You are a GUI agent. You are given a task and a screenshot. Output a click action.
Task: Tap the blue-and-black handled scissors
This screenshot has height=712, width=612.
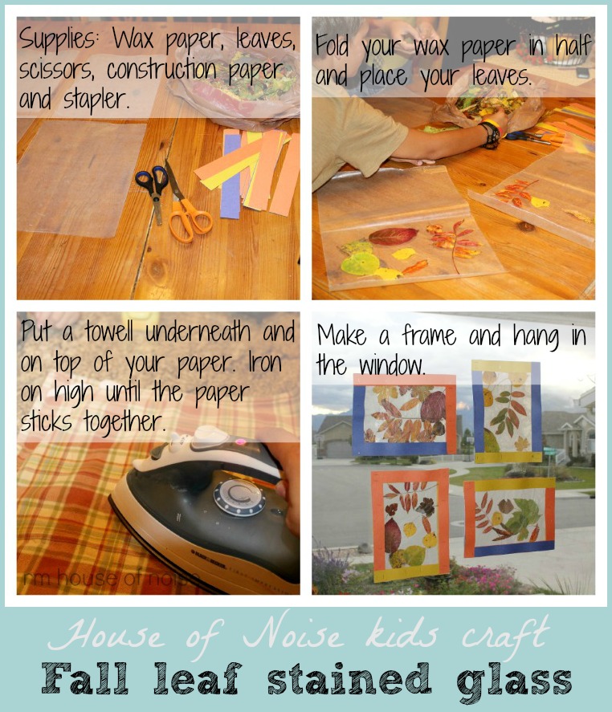point(153,189)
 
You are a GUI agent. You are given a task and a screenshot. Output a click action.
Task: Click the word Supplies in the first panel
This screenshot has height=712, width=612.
point(58,40)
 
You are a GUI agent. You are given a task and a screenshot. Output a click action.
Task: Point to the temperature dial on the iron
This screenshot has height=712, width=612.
point(239,496)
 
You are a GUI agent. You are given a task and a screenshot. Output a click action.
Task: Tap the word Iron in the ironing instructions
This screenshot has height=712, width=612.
point(265,362)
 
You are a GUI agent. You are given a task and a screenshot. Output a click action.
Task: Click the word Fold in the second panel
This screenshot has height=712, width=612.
point(333,46)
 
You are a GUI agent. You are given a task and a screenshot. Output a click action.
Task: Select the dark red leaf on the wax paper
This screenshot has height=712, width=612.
point(393,236)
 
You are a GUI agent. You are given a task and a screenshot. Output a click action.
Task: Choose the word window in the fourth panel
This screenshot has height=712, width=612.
point(392,365)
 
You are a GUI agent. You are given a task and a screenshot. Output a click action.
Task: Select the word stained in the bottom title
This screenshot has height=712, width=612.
point(349,678)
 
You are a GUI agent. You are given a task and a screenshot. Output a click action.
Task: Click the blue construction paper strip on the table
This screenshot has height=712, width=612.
point(231,175)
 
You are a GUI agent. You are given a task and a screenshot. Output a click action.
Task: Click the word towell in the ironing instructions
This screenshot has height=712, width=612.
point(108,332)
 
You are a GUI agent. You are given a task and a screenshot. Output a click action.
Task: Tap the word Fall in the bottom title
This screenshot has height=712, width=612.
point(85,678)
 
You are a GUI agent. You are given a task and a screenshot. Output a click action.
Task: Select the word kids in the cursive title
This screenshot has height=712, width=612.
point(402,633)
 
